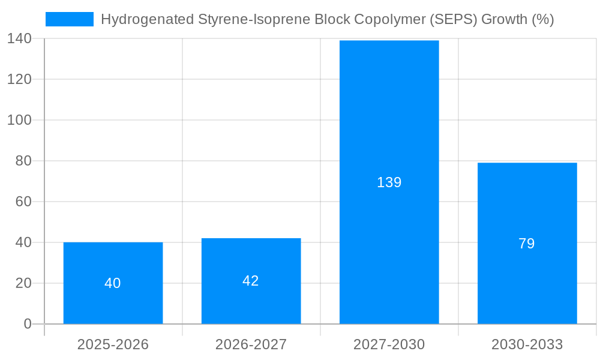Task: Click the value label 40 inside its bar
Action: [113, 283]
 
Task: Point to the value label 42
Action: [251, 281]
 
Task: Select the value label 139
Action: [389, 182]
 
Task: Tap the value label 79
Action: [527, 244]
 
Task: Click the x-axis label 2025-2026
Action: [113, 344]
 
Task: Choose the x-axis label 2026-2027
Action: [251, 344]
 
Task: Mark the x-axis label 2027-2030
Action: [389, 344]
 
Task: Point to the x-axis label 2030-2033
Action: [527, 344]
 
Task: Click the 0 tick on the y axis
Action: [28, 324]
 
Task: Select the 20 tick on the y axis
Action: [23, 283]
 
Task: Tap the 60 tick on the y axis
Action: [23, 202]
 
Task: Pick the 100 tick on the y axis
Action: [20, 120]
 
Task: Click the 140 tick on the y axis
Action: [20, 39]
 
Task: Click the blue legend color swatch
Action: [70, 19]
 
